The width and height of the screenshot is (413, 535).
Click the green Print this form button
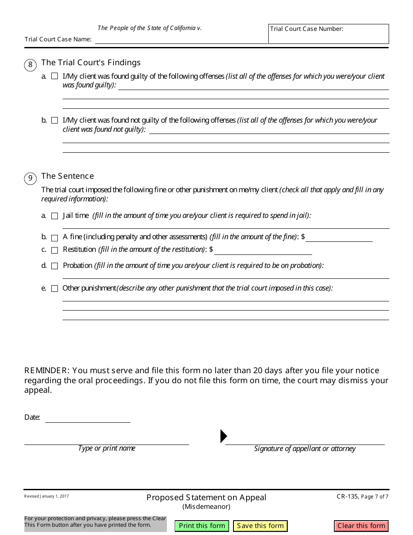click(202, 526)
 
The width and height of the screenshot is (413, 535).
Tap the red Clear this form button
click(361, 526)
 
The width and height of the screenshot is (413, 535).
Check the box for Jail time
click(54, 216)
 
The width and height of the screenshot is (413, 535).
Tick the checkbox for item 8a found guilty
click(54, 76)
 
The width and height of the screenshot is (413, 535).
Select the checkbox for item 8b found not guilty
click(54, 120)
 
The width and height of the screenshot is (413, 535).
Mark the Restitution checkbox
click(54, 250)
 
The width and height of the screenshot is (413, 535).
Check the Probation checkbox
click(54, 266)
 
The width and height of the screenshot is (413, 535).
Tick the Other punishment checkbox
click(54, 288)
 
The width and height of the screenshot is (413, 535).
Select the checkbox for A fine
click(54, 238)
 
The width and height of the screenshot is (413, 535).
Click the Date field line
click(87, 418)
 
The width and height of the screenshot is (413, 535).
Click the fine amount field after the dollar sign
click(339, 237)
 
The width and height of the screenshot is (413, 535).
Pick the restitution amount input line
click(263, 250)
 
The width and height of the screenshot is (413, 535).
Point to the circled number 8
click(30, 65)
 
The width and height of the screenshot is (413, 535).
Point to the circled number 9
click(30, 178)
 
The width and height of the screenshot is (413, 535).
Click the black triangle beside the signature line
click(223, 436)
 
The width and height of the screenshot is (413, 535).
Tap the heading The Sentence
click(67, 176)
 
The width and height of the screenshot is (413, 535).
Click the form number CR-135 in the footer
click(347, 496)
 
